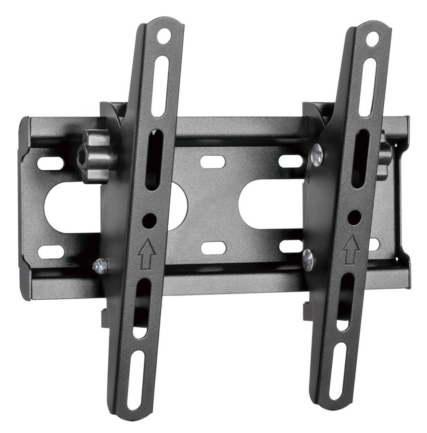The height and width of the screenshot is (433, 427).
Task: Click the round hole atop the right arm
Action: [372, 39]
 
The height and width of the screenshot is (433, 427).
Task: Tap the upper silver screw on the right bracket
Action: [317, 155]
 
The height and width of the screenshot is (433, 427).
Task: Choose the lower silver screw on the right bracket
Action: [308, 259]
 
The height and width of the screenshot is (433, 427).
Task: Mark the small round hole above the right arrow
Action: [354, 217]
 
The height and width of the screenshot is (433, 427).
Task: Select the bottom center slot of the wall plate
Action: [213, 248]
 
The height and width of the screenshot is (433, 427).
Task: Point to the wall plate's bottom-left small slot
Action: [51, 251]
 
